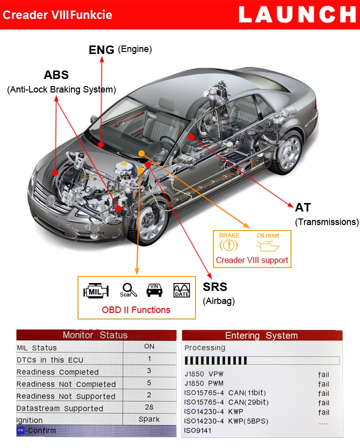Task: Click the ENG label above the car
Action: pos(102,49)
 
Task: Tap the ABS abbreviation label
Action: pos(56,75)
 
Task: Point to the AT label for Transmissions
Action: pos(303,208)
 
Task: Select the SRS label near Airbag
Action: pos(215,287)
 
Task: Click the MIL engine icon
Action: pos(95,290)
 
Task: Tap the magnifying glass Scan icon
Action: pos(128,290)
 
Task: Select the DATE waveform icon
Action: pos(181,290)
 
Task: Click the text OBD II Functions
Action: pos(136,310)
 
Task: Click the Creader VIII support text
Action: pos(252,260)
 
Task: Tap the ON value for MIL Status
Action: pos(148,346)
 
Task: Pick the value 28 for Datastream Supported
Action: pos(148,407)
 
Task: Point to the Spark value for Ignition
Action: pos(148,419)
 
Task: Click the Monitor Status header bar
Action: pos(95,335)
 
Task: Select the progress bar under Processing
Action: pos(262,360)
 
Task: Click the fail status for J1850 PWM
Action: pos(323,384)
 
